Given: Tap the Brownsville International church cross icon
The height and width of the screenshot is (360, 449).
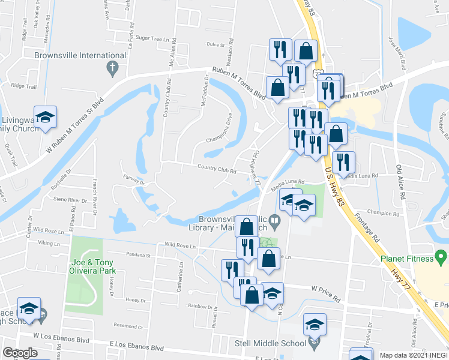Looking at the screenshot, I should [112, 69].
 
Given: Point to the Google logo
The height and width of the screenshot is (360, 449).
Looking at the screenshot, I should [20, 353].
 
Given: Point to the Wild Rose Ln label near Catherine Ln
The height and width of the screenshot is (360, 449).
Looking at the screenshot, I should [180, 246].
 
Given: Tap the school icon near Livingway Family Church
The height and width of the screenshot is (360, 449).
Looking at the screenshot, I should [45, 118].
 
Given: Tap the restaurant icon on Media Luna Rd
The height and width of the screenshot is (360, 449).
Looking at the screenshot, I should [343, 162].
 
